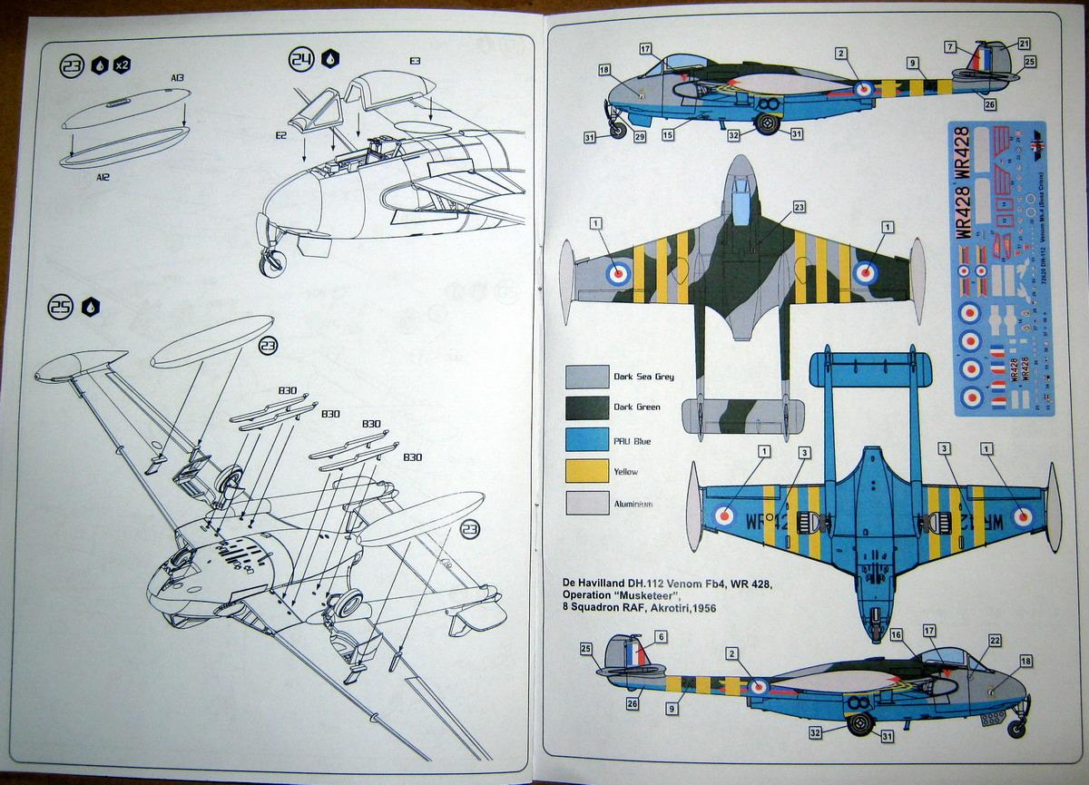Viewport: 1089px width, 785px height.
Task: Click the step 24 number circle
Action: [x=301, y=60]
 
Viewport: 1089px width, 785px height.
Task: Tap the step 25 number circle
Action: [x=61, y=308]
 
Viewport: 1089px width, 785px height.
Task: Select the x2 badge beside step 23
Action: [x=123, y=64]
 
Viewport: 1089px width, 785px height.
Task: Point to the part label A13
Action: [x=177, y=78]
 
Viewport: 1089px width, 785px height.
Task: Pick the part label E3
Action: [x=415, y=60]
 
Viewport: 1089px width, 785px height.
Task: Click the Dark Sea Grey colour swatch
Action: [x=586, y=376]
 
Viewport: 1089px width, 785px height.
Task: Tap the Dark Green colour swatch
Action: [x=586, y=407]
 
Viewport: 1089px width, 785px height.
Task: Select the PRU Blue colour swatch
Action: [x=586, y=439]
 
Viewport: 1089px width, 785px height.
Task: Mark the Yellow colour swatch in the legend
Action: [x=586, y=471]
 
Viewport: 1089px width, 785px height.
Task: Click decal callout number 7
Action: [x=949, y=46]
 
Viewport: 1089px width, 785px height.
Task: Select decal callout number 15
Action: [x=669, y=136]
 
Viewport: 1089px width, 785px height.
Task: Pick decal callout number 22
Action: [x=996, y=641]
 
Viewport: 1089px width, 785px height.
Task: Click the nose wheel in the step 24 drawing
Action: [x=271, y=263]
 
